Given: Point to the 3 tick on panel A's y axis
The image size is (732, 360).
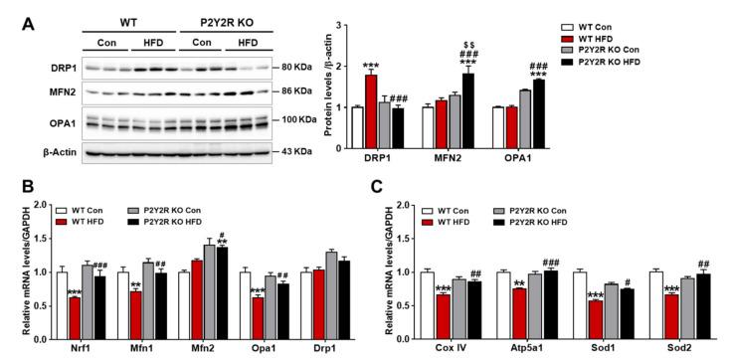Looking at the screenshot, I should point(342,23).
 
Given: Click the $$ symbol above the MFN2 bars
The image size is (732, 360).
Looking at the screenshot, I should point(466,46).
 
